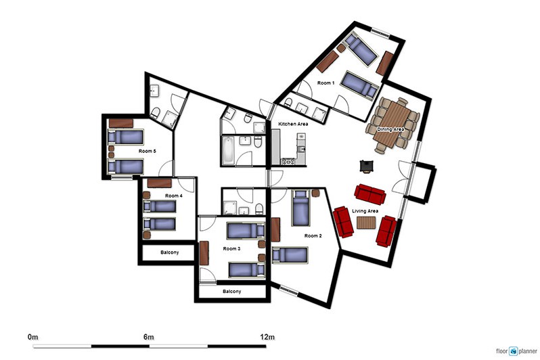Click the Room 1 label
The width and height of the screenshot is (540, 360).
tap(325, 83)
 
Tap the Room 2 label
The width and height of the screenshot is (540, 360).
tap(313, 235)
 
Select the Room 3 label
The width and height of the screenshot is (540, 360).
tap(231, 248)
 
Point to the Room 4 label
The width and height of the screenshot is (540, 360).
tap(173, 196)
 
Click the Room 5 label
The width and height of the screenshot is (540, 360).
tap(148, 151)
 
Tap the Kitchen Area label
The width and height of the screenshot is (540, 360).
tap(293, 124)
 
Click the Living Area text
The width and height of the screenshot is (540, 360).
tap(365, 211)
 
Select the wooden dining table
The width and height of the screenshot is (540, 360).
tap(392, 125)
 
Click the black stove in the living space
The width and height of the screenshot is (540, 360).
tap(366, 166)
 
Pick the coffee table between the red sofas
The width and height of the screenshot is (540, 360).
tap(366, 223)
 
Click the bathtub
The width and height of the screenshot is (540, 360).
tap(228, 150)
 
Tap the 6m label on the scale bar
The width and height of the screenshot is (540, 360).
tap(148, 336)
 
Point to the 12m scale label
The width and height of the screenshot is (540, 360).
tap(267, 336)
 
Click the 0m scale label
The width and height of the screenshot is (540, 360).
tap(32, 336)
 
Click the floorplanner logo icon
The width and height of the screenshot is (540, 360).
tap(513, 351)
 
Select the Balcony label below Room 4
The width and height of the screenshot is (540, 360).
tap(169, 252)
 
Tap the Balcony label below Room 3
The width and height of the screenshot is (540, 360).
tap(232, 292)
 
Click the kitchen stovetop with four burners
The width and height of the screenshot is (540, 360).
tap(288, 161)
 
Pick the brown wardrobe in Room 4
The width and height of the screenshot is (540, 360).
tap(160, 183)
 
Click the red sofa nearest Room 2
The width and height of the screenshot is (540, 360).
tap(343, 222)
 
